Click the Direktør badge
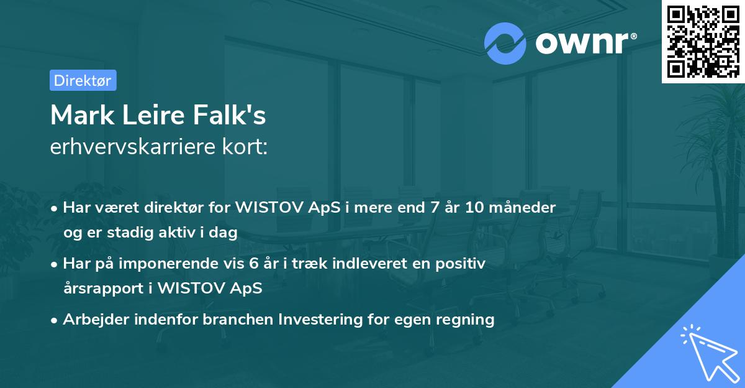[x=83, y=80]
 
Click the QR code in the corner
[x=702, y=41]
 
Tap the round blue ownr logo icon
[x=505, y=44]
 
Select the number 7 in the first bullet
[x=425, y=207]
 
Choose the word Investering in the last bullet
[x=318, y=320]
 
